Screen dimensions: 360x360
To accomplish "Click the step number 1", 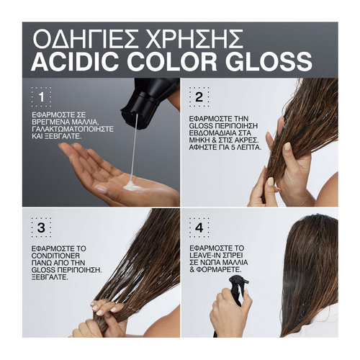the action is [42, 97].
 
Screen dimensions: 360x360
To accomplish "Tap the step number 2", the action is [199, 97].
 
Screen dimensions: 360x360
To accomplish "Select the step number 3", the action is [41, 228].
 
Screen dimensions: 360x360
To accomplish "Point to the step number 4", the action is [199, 228].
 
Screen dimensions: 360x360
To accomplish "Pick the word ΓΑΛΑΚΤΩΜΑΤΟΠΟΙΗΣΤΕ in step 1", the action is [73, 129].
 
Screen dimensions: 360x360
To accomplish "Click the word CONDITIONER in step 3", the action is [55, 256].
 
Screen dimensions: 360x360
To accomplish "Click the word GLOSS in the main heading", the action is [269, 60].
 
